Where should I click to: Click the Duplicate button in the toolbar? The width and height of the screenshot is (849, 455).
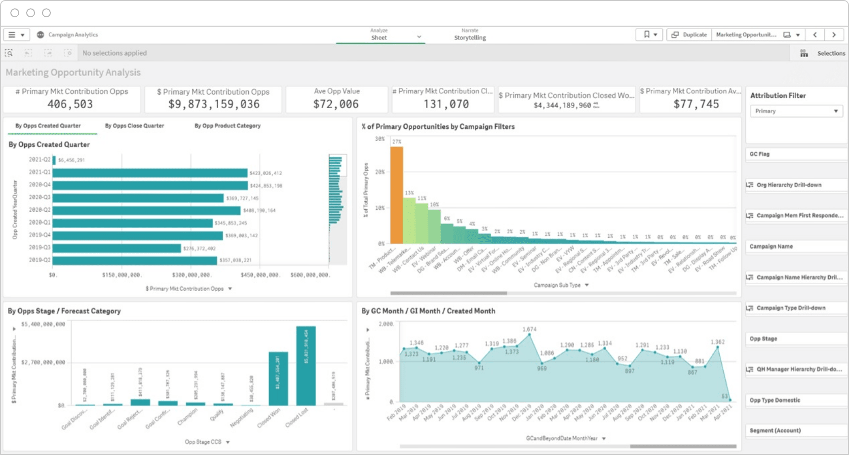click(x=690, y=35)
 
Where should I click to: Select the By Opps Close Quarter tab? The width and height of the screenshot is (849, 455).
click(x=134, y=126)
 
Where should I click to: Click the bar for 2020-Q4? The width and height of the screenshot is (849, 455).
click(x=150, y=186)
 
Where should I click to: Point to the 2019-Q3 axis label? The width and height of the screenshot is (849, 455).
click(x=39, y=248)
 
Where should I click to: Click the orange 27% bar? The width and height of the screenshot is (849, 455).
click(x=396, y=195)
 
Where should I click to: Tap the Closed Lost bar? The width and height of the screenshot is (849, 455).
click(x=306, y=366)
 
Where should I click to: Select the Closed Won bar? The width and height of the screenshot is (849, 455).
click(x=278, y=379)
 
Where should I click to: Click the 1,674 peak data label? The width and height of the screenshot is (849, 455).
click(x=529, y=329)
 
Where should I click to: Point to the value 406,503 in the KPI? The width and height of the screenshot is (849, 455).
click(x=70, y=104)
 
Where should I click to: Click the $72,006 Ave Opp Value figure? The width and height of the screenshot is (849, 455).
click(x=336, y=104)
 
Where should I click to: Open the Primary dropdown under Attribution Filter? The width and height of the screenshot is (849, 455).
click(x=796, y=111)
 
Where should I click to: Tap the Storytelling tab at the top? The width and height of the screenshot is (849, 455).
click(x=470, y=38)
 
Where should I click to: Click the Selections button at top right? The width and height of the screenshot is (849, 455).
click(x=831, y=53)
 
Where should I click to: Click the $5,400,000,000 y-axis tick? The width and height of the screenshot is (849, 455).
click(x=43, y=325)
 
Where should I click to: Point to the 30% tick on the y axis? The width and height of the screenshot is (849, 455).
click(x=380, y=139)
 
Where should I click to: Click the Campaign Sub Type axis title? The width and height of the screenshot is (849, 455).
click(x=557, y=285)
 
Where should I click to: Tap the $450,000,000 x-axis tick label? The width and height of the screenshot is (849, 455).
click(x=260, y=275)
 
